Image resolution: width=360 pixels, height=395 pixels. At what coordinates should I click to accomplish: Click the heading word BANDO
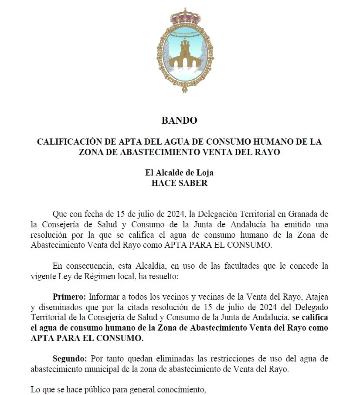pyautogui.click(x=179, y=121)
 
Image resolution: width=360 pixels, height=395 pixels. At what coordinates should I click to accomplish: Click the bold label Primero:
pyautogui.click(x=69, y=297)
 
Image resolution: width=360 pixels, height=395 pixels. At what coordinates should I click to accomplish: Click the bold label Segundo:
pyautogui.click(x=70, y=359)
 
